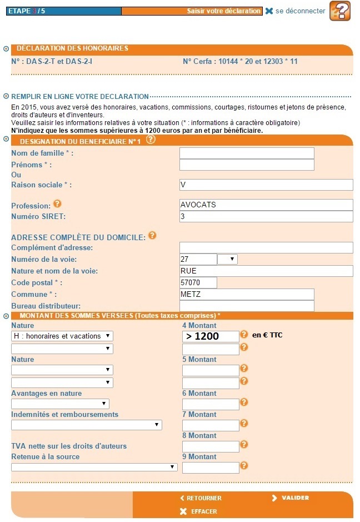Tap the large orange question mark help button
pyautogui.click(x=340, y=11)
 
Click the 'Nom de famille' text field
pyautogui.click(x=247, y=153)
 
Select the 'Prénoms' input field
pyautogui.click(x=247, y=165)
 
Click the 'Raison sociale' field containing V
pyautogui.click(x=266, y=185)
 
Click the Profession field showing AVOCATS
pyautogui.click(x=266, y=205)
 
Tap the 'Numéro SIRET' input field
pyautogui.click(x=266, y=216)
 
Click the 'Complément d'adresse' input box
pyautogui.click(x=266, y=248)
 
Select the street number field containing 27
pyautogui.click(x=198, y=260)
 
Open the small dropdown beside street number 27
pyautogui.click(x=227, y=260)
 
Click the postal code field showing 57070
pyautogui.click(x=198, y=283)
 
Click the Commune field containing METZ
pyautogui.click(x=247, y=295)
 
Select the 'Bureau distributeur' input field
pyautogui.click(x=247, y=306)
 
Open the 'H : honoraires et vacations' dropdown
pyautogui.click(x=62, y=336)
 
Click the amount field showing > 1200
pyautogui.click(x=211, y=336)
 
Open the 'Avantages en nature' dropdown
pyautogui.click(x=60, y=404)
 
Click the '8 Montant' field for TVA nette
pyautogui.click(x=211, y=446)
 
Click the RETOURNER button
pyautogui.click(x=201, y=498)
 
